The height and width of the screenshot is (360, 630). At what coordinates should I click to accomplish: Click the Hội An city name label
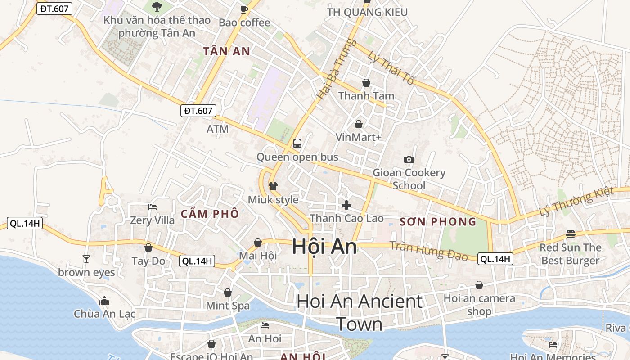tap(324, 247)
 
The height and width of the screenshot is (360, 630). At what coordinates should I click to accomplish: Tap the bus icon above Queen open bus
tap(297, 144)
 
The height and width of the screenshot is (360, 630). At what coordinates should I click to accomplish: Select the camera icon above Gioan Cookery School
tap(409, 159)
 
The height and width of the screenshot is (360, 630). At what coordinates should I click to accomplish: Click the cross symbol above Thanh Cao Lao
tap(346, 205)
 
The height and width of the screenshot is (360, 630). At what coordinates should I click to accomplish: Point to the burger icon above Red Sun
tap(571, 234)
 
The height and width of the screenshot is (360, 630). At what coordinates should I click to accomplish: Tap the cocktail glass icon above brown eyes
tap(86, 259)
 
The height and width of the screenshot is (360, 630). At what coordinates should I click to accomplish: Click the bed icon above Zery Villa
tap(152, 207)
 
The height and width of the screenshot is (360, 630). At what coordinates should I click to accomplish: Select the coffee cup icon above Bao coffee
tap(244, 9)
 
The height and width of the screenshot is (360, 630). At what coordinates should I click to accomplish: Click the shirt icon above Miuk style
tap(273, 186)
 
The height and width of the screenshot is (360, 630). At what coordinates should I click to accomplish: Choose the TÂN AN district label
tap(226, 51)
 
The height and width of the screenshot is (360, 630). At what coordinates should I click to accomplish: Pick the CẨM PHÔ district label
tap(210, 214)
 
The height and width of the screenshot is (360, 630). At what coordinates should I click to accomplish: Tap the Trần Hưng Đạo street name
tap(429, 250)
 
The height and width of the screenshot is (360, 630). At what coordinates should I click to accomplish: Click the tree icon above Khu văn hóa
tap(157, 6)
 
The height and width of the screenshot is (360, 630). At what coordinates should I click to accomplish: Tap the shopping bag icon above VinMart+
tap(359, 124)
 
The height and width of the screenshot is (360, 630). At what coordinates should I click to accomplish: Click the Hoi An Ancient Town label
tap(360, 312)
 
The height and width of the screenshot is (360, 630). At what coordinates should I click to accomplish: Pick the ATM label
tap(217, 129)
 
